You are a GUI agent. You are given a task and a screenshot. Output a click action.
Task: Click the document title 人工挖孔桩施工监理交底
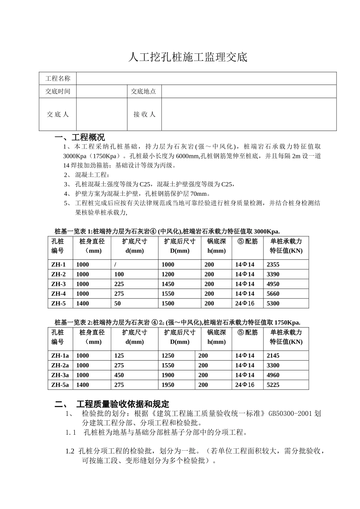point(188,57)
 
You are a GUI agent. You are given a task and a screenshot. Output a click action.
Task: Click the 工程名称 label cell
point(58,78)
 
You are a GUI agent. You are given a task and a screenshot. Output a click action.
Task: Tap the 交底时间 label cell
point(58,91)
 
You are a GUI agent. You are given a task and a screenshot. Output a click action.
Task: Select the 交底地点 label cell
point(143,91)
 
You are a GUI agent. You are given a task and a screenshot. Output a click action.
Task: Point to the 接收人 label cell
point(144,114)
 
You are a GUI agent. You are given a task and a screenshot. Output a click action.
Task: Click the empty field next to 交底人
point(102,114)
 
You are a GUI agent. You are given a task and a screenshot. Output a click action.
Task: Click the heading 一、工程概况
point(80,137)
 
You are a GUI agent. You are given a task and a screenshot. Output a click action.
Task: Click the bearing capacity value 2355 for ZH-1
point(273,265)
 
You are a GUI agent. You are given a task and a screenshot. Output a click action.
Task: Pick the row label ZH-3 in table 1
point(58,284)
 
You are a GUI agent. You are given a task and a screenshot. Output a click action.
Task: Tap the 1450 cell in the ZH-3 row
point(168,284)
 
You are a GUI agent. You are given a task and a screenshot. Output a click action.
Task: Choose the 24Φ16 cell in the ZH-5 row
point(244,303)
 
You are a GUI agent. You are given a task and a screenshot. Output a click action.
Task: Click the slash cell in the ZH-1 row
point(115,265)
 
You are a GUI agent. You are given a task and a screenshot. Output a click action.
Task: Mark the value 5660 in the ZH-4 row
point(273,294)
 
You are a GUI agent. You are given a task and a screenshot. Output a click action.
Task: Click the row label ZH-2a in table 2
point(60,365)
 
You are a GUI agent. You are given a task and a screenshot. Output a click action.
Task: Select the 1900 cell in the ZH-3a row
point(168,375)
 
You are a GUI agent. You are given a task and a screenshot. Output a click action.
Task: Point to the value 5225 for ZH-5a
point(273,385)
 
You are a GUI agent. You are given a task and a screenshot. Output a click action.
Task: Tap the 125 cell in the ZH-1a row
point(119,356)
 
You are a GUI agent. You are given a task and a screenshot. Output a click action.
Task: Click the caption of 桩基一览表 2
point(177,322)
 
